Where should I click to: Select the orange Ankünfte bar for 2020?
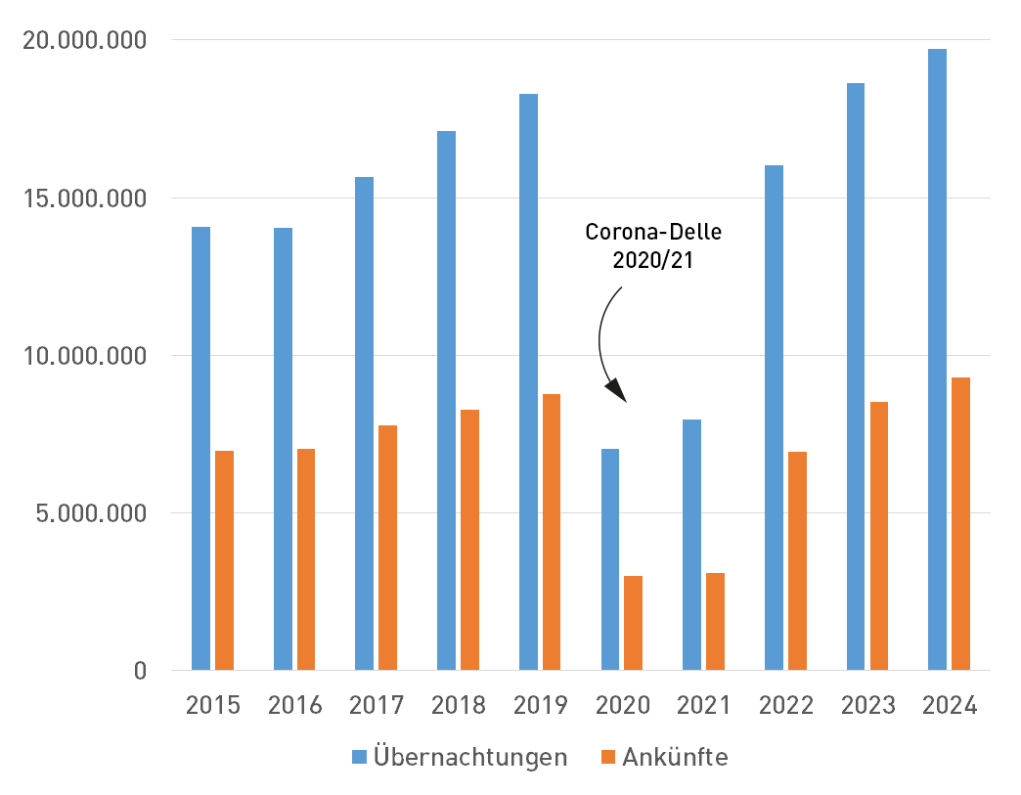coord(633,623)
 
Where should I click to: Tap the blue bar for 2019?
coord(528,381)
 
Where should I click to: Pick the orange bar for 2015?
coord(224,560)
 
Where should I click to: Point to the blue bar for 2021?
coord(692,545)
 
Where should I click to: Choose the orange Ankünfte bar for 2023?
coord(878,536)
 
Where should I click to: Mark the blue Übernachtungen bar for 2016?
coord(283,449)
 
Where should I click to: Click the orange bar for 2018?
coord(469,540)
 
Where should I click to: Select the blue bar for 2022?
coord(774,418)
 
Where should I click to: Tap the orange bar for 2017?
coord(387,548)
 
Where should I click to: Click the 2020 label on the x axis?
coord(623,706)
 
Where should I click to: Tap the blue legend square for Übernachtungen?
coord(360,757)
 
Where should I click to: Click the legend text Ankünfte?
coord(675,758)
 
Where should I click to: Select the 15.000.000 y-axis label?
coord(86,199)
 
